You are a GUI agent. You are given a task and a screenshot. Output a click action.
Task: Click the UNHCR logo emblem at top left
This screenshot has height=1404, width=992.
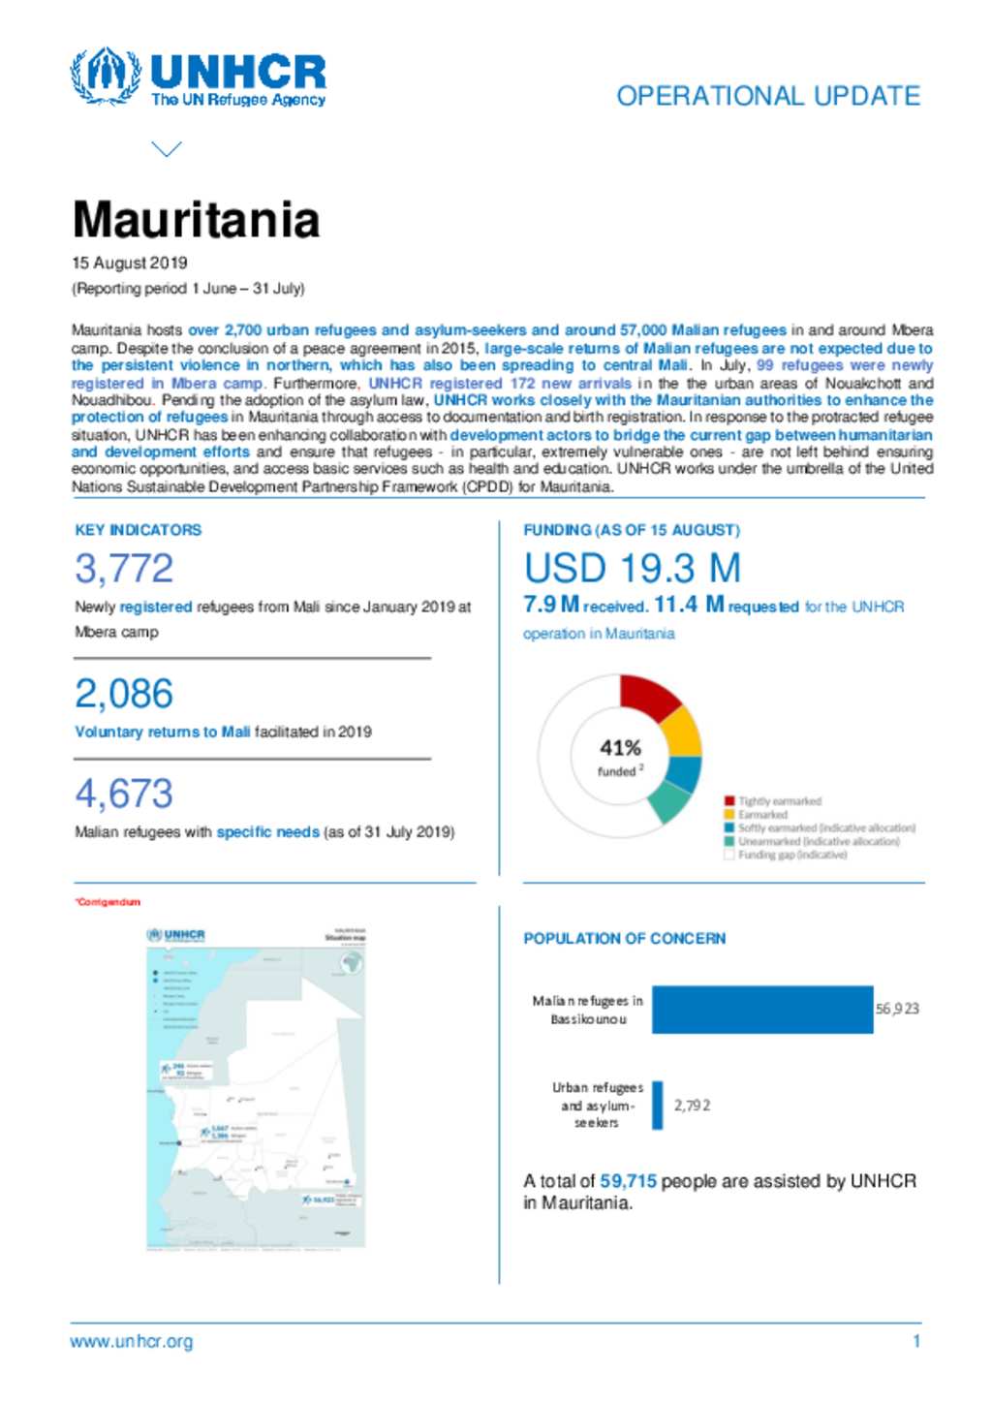[x=106, y=76]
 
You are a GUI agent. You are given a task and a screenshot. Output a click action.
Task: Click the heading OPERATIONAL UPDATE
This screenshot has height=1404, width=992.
[x=768, y=96]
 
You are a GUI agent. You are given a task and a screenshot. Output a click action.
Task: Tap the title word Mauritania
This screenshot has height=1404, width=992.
[x=196, y=220]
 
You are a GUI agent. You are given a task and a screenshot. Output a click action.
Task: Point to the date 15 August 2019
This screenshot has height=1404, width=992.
[x=130, y=263]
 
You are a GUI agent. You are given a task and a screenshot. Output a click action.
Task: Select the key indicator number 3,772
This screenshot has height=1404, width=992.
[x=124, y=569]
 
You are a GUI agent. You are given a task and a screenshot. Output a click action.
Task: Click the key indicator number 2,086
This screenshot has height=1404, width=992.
[x=124, y=694]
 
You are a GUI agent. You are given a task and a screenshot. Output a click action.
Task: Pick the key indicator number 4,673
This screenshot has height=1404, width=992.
[x=124, y=794]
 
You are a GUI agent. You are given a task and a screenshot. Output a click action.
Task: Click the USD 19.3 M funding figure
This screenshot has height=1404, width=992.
[x=633, y=569]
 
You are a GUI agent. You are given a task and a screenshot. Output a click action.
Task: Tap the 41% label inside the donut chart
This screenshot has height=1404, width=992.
[x=620, y=748]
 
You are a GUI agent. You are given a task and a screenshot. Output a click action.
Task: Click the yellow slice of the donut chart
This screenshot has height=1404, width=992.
[x=681, y=733]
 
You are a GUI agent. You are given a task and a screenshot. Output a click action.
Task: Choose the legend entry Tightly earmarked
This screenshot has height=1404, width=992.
[x=779, y=801]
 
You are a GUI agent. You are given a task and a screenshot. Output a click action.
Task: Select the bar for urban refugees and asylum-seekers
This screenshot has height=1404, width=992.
[x=658, y=1106]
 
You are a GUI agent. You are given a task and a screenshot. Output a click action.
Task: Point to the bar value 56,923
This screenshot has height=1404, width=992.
[x=897, y=1009]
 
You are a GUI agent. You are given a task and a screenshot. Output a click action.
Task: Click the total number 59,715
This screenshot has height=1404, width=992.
[x=628, y=1181]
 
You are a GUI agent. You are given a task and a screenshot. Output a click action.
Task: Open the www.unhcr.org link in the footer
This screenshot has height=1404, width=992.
[x=132, y=1342]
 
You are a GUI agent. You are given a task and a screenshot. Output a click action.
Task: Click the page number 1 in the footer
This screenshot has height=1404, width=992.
[x=915, y=1342]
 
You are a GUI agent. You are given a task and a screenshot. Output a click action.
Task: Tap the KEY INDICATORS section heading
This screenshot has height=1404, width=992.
[x=139, y=530]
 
